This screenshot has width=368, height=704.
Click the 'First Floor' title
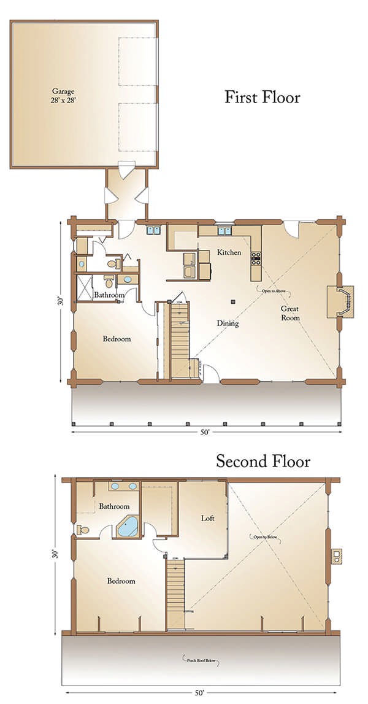click(262, 97)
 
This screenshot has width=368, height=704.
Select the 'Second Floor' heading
click(263, 462)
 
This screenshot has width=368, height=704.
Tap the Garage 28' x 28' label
click(59, 93)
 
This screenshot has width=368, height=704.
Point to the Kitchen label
click(229, 252)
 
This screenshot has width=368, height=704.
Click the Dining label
click(228, 323)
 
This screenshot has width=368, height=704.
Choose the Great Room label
click(289, 313)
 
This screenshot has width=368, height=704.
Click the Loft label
click(208, 518)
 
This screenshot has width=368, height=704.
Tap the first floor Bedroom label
click(117, 339)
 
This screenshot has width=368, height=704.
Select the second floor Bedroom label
click(121, 581)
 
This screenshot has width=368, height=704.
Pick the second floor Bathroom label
click(114, 506)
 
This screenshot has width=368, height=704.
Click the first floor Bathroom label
click(109, 295)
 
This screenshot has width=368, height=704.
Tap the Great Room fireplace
click(340, 301)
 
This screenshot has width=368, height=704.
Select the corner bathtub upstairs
click(128, 527)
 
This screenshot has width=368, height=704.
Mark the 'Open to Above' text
click(268, 290)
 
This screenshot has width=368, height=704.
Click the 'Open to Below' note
click(267, 537)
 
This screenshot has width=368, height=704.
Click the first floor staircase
click(180, 341)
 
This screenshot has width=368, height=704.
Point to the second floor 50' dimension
click(199, 693)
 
